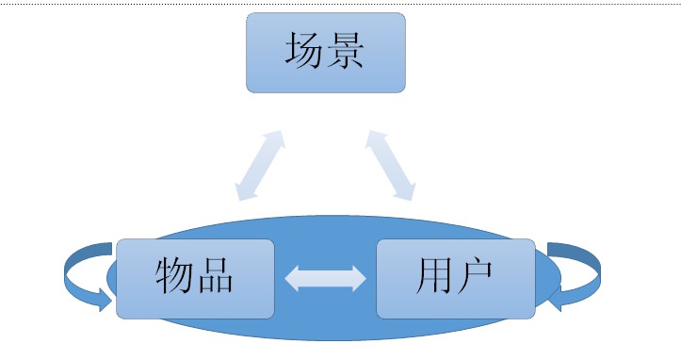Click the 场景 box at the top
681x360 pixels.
pyautogui.click(x=326, y=53)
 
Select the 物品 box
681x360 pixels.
pyautogui.click(x=195, y=278)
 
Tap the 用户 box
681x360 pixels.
pyautogui.click(x=456, y=278)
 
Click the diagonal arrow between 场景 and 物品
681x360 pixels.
pyautogui.click(x=260, y=166)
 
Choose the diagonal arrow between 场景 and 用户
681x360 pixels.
pyautogui.click(x=390, y=166)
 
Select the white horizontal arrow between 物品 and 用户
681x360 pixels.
pyautogui.click(x=325, y=278)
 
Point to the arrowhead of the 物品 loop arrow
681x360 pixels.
pyautogui.click(x=102, y=300)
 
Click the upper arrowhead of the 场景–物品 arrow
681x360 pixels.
pyautogui.click(x=276, y=139)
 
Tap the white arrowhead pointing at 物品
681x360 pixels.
pyautogui.click(x=293, y=278)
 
